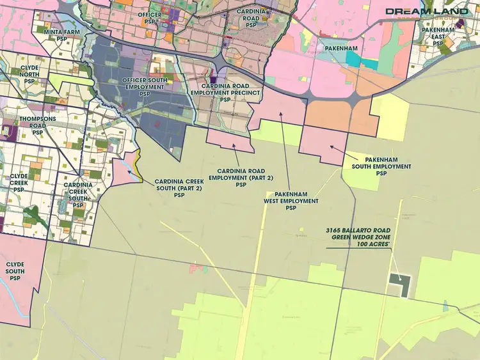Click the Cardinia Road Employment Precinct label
point(225,93)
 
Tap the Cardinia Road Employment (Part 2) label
point(241,178)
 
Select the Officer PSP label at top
point(149,19)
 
